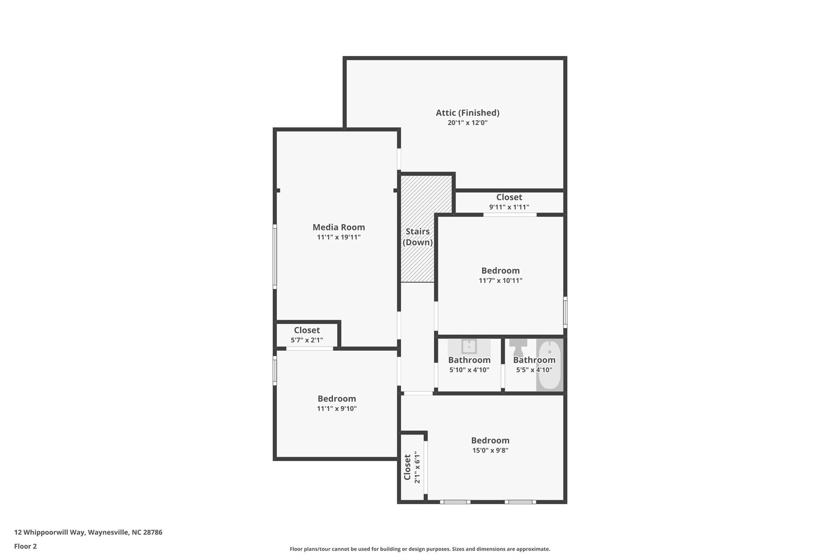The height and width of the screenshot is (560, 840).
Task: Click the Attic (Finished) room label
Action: point(467,112)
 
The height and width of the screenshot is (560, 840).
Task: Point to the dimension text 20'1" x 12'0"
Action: point(467,123)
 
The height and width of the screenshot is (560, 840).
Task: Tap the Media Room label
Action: point(338,227)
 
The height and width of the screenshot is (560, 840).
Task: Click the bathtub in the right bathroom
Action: point(549,365)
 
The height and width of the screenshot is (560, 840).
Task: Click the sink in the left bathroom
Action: point(469,347)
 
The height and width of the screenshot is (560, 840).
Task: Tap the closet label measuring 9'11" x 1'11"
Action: point(509,197)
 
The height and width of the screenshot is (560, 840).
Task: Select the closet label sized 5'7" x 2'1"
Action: point(307,330)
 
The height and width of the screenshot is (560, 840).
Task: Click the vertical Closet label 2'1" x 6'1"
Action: point(408,467)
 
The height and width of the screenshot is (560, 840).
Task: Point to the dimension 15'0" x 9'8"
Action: point(490,450)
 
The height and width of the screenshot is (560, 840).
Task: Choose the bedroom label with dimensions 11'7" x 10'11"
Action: point(500,271)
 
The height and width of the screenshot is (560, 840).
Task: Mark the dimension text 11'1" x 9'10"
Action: point(337,409)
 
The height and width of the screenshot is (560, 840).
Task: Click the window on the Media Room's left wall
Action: point(275,256)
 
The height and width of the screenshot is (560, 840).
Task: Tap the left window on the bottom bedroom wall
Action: point(455,502)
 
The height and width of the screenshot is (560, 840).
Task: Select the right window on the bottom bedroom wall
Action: point(520,502)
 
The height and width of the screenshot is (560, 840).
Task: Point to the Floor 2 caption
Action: point(25,546)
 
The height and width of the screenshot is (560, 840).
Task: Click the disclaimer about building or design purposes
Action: point(420,549)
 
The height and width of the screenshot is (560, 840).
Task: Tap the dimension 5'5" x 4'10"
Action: point(534,370)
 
